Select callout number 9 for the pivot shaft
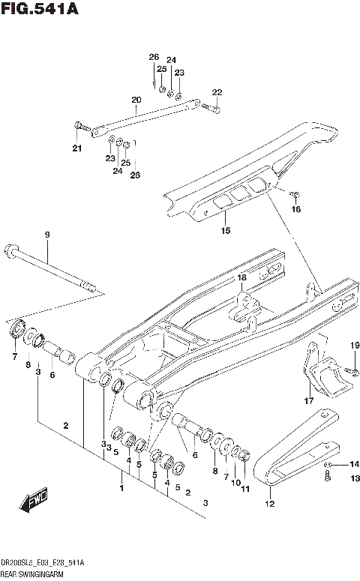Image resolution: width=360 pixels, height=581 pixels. pyautogui.click(x=46, y=235)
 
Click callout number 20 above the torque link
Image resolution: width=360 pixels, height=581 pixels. pyautogui.click(x=136, y=100)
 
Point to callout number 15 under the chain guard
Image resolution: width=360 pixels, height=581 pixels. pyautogui.click(x=226, y=230)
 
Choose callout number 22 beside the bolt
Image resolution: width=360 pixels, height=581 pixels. pyautogui.click(x=217, y=92)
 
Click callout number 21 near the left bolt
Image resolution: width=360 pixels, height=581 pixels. pyautogui.click(x=76, y=148)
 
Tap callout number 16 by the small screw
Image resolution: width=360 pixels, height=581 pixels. pyautogui.click(x=295, y=210)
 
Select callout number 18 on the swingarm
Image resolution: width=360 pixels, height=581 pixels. pyautogui.click(x=241, y=278)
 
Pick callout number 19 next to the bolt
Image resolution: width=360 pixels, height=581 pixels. pyautogui.click(x=355, y=345)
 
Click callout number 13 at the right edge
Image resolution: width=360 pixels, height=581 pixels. pyautogui.click(x=355, y=478)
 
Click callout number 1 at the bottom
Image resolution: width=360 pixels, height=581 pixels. pyautogui.click(x=121, y=488)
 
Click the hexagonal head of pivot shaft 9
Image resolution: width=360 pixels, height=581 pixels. pyautogui.click(x=11, y=250)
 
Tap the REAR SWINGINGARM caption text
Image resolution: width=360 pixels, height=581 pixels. pyautogui.click(x=34, y=573)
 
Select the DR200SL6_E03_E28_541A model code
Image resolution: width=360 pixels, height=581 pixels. pyautogui.click(x=43, y=562)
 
